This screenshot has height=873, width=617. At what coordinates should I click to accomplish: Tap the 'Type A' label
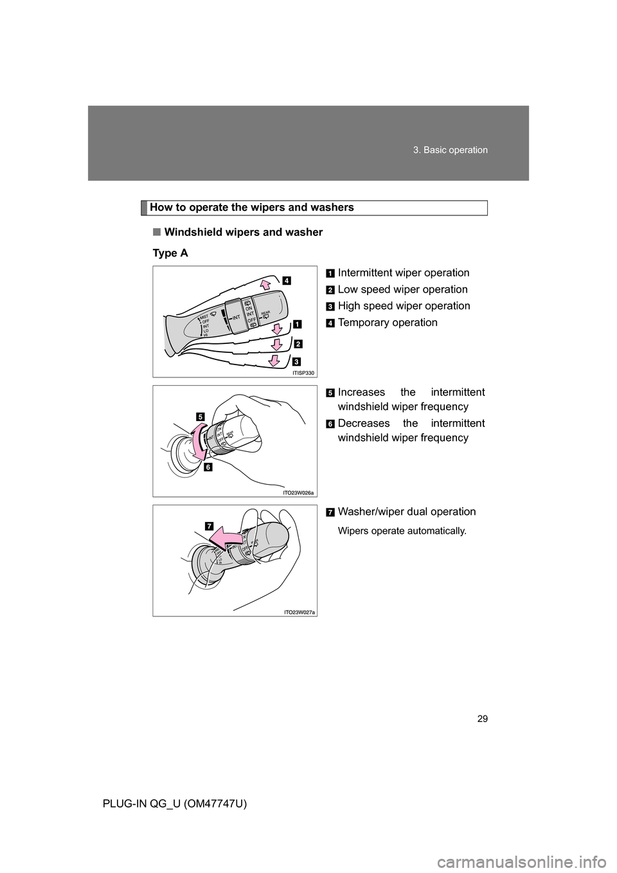(x=170, y=253)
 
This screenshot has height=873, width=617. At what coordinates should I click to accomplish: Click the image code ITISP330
(x=305, y=372)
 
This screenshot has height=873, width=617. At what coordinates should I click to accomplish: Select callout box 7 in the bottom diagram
(x=210, y=525)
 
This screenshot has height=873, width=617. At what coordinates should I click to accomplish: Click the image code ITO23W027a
(x=300, y=612)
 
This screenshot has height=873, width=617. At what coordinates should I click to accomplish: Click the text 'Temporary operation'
(x=388, y=322)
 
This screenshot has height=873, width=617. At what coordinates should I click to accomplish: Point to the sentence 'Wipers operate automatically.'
(x=402, y=531)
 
